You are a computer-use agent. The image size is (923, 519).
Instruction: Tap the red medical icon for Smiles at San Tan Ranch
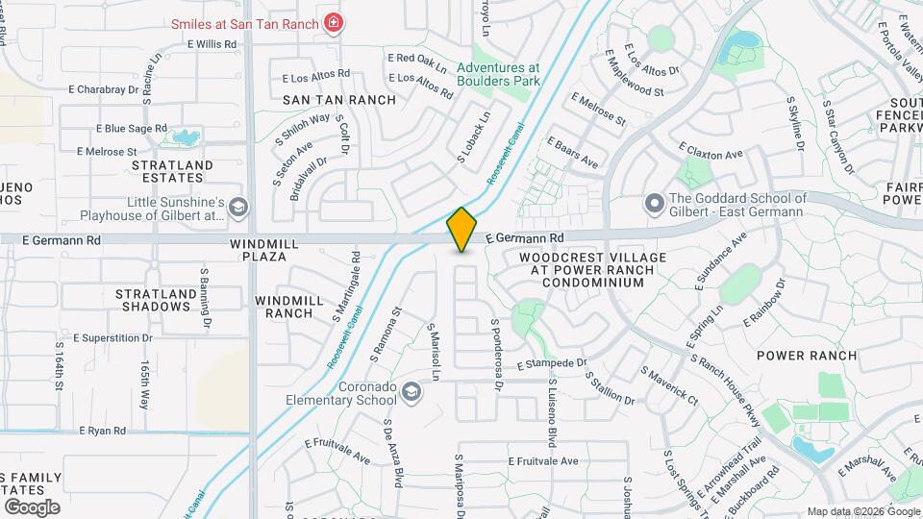click(x=333, y=21)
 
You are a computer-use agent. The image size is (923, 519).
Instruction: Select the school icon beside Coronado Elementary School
click(x=412, y=391)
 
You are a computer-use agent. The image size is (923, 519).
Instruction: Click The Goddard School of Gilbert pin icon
click(x=655, y=204)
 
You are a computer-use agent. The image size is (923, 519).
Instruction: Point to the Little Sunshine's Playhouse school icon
click(x=238, y=207)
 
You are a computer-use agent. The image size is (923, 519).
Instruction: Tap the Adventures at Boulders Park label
click(x=498, y=75)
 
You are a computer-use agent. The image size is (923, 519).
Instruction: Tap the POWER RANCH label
click(x=806, y=355)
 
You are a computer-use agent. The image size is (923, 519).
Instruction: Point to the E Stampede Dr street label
click(x=552, y=364)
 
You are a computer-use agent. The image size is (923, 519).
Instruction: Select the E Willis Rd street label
click(x=212, y=44)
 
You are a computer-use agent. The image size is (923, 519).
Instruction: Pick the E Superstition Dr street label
click(x=104, y=338)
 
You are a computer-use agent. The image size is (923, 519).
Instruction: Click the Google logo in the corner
click(x=32, y=507)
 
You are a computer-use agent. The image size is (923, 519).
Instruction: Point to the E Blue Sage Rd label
click(x=132, y=128)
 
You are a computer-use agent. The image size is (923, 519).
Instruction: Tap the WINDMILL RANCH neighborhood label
click(x=289, y=307)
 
